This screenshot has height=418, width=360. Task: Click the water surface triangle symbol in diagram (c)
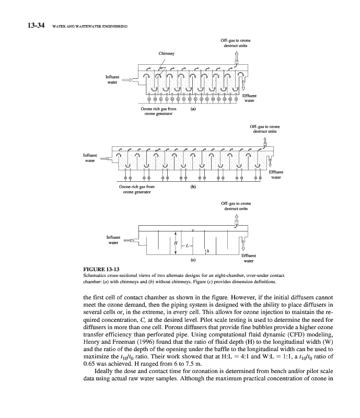point(193,231)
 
